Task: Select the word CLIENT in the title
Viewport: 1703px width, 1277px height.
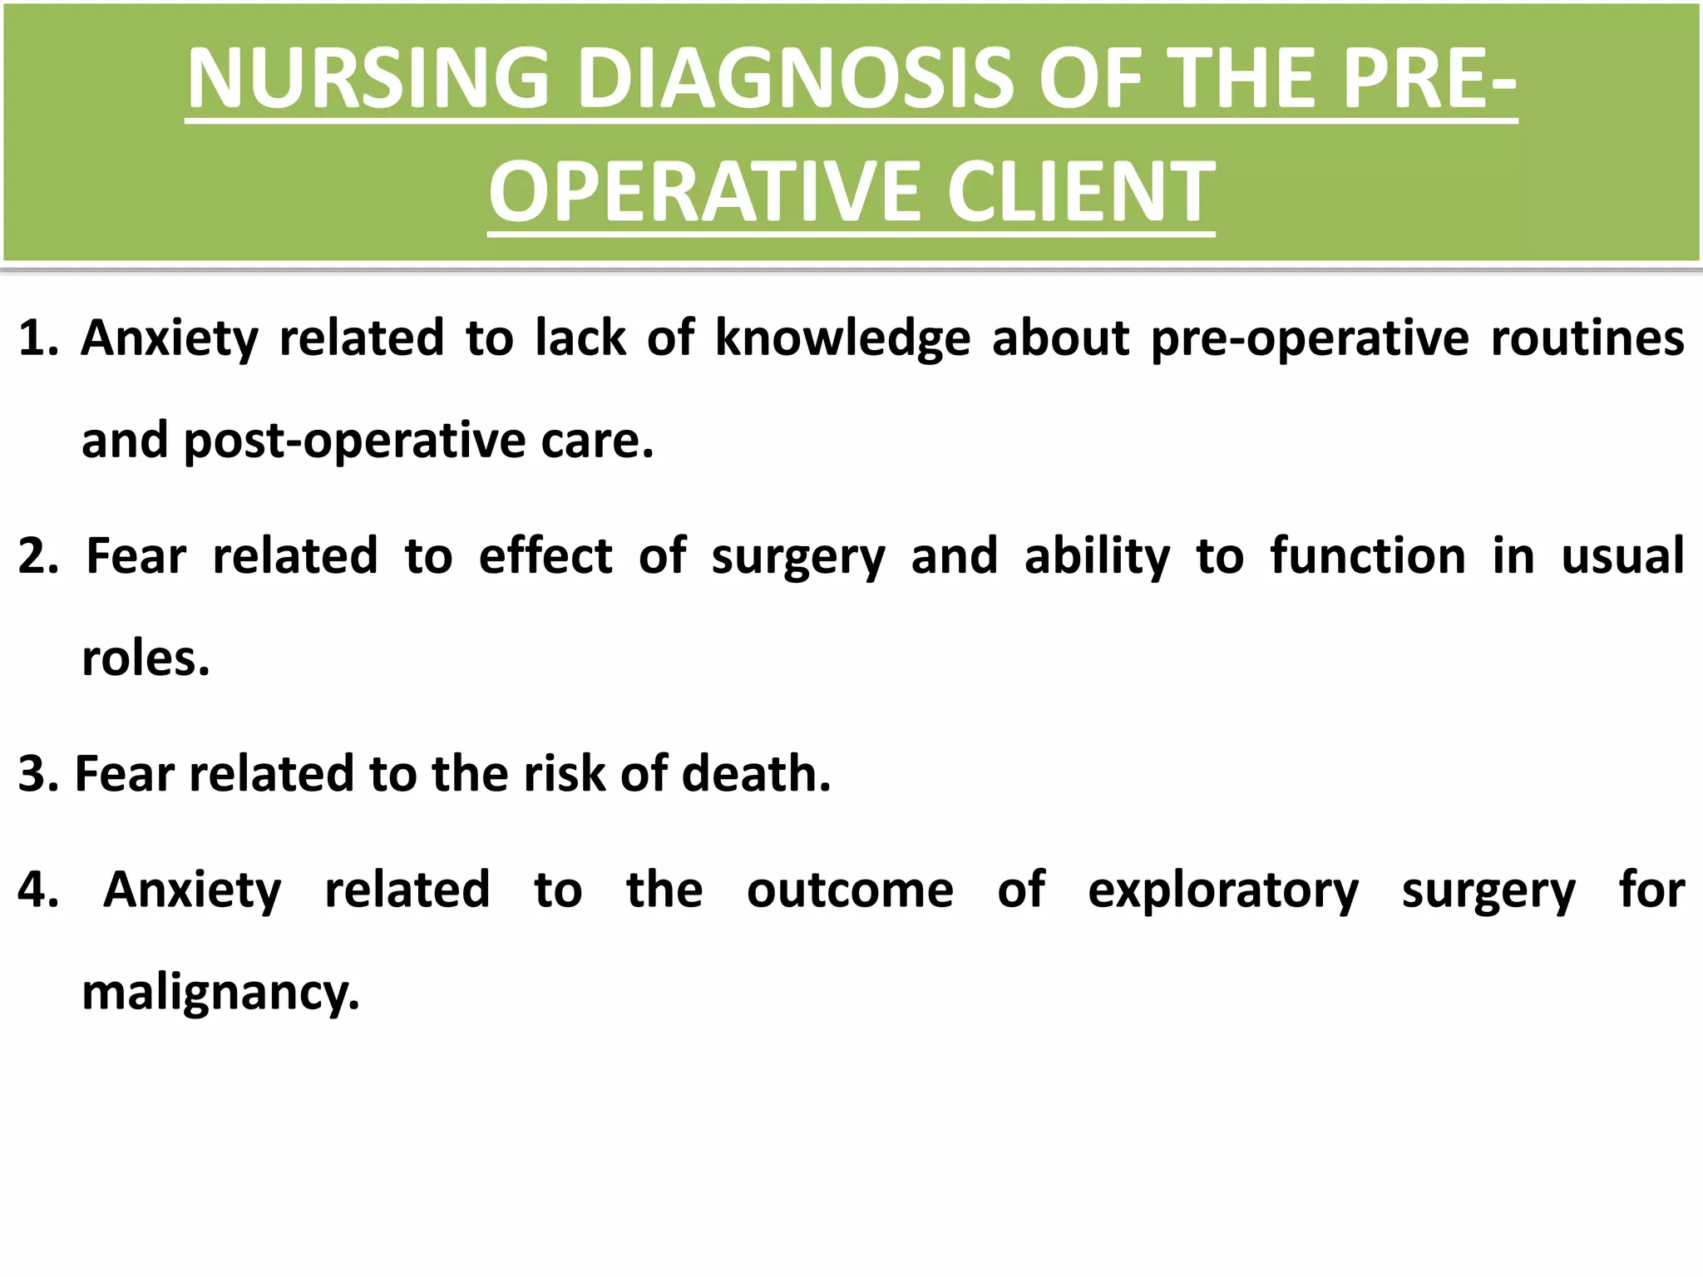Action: [x=1081, y=192]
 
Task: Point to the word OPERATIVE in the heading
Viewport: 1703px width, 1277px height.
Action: [x=707, y=192]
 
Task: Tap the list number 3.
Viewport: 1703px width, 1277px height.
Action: [x=36, y=774]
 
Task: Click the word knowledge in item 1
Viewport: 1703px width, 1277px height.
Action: [x=842, y=339]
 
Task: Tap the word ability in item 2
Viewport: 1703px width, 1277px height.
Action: [x=1097, y=556]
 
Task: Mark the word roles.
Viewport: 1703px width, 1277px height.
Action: [x=146, y=658]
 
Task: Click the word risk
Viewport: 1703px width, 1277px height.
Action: [x=567, y=774]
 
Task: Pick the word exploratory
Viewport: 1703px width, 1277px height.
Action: [x=1223, y=890]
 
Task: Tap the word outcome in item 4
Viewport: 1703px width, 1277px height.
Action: [x=850, y=890]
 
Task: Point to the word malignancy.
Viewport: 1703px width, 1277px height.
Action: [x=220, y=993]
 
